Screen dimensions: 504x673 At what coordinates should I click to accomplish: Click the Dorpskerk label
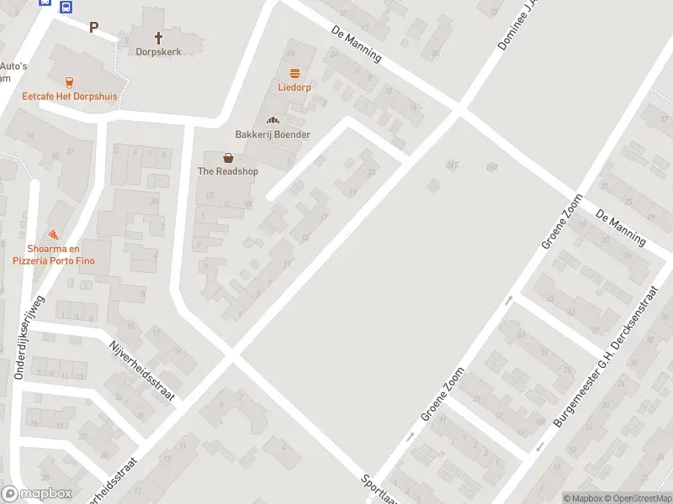[158, 51]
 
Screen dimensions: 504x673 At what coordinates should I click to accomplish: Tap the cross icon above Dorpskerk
[158, 37]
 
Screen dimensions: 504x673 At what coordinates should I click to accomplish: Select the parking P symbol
[94, 27]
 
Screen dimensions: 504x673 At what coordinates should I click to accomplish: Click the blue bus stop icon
[66, 6]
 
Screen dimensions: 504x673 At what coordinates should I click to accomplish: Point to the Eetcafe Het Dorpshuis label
[70, 97]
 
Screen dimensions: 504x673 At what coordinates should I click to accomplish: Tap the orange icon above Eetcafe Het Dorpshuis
[69, 81]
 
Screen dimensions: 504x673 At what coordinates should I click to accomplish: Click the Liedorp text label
[294, 87]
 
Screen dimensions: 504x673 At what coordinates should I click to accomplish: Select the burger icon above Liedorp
[294, 72]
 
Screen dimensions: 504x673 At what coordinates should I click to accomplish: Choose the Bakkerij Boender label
[273, 134]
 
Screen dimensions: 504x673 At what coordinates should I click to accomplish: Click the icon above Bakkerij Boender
[273, 120]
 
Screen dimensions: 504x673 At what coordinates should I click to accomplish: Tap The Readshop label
[228, 171]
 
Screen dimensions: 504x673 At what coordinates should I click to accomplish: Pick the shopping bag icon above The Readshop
[228, 157]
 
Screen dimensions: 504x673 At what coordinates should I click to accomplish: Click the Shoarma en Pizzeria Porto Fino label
[54, 255]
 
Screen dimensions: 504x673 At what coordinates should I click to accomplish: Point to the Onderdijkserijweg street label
[28, 339]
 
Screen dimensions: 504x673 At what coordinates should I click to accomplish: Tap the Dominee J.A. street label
[516, 24]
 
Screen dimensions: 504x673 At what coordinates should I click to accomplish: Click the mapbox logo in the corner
[36, 494]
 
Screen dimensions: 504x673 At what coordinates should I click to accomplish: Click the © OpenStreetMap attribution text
[638, 498]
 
